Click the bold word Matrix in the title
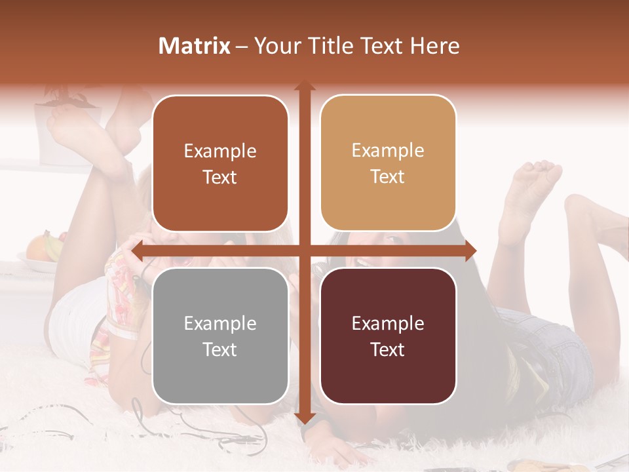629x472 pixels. click(195, 46)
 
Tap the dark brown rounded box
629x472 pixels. click(220, 164)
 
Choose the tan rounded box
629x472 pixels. click(388, 163)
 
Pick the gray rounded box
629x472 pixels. click(220, 336)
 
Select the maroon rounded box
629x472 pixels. click(388, 336)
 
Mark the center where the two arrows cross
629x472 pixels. click(304, 250)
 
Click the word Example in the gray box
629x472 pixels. click(220, 324)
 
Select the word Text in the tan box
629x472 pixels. click(388, 177)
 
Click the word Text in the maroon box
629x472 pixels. click(388, 350)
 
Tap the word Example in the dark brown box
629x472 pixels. click(220, 151)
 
